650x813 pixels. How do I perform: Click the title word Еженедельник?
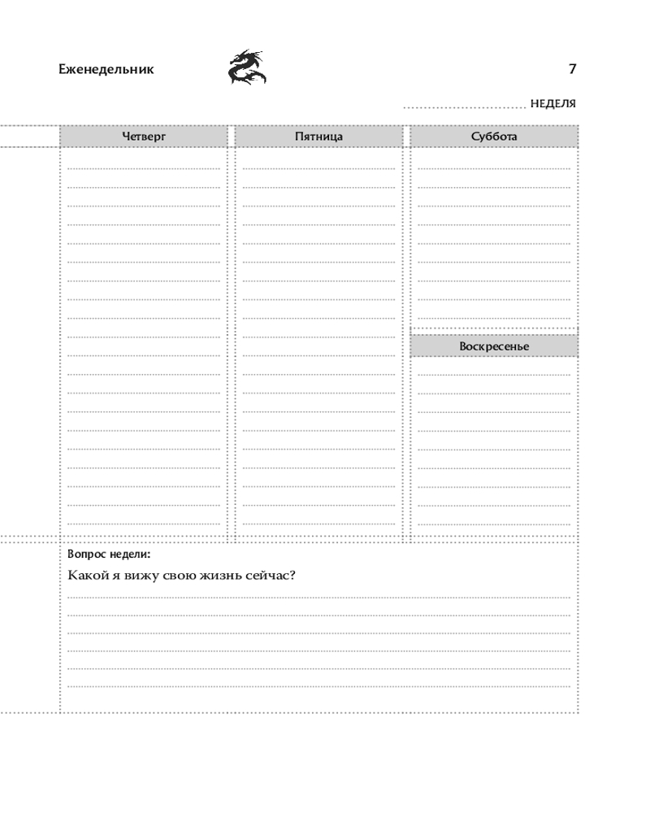pos(106,69)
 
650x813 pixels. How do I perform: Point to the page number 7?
pos(572,69)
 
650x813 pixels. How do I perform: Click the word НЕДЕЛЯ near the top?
pos(552,104)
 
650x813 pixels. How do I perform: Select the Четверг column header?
pos(144,137)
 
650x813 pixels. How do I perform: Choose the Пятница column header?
pos(318,137)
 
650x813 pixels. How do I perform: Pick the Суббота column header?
pos(494,137)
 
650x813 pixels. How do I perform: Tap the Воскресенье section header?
pos(494,346)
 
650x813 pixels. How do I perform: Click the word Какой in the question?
pos(85,576)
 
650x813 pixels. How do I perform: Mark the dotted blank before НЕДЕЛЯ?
pos(465,107)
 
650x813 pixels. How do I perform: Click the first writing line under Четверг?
pos(144,167)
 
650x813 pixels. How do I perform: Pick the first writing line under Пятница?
pos(318,167)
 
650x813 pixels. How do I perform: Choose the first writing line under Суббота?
pos(494,167)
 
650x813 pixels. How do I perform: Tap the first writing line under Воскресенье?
pos(494,374)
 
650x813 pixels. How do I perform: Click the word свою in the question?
pos(183,576)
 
